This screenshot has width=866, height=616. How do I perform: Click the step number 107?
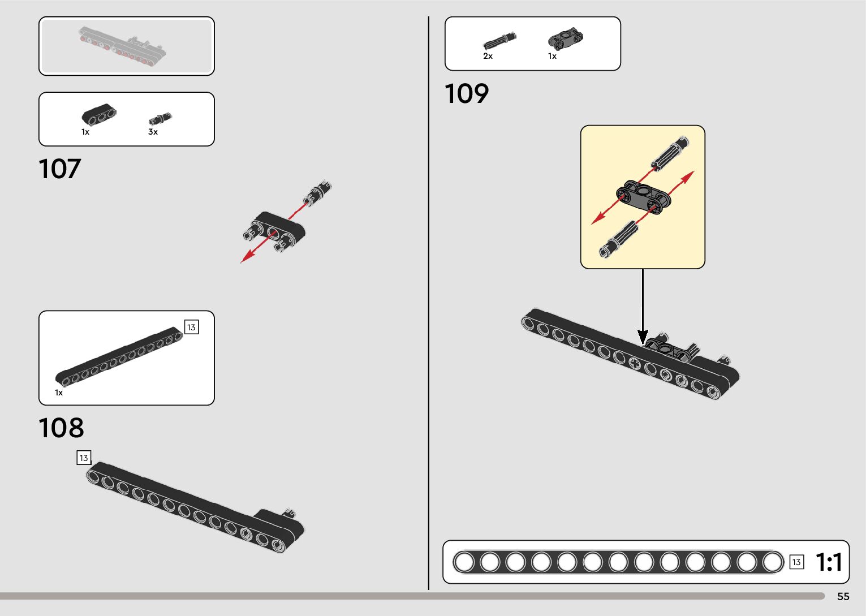pyautogui.click(x=59, y=169)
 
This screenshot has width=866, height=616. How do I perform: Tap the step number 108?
pyautogui.click(x=61, y=428)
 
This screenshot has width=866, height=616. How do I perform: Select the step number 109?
pyautogui.click(x=466, y=94)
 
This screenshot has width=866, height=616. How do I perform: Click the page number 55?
pyautogui.click(x=843, y=597)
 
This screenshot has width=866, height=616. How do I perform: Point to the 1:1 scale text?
pyautogui.click(x=829, y=562)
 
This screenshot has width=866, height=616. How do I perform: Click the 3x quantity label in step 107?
pyautogui.click(x=153, y=132)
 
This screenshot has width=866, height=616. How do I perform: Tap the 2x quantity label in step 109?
pyautogui.click(x=488, y=56)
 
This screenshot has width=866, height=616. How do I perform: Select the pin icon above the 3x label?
pyautogui.click(x=160, y=119)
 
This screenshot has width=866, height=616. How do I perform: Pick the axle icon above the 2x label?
pyautogui.click(x=499, y=41)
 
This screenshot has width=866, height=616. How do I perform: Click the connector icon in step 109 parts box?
pyautogui.click(x=565, y=38)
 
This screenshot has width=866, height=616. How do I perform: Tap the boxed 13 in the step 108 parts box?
pyautogui.click(x=191, y=328)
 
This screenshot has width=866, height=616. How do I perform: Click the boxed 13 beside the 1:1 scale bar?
pyautogui.click(x=796, y=562)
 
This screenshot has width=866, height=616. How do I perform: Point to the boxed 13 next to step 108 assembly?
pyautogui.click(x=84, y=458)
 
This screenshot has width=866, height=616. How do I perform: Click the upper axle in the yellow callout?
pyautogui.click(x=670, y=153)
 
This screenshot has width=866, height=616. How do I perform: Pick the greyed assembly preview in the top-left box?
pyautogui.click(x=123, y=47)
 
